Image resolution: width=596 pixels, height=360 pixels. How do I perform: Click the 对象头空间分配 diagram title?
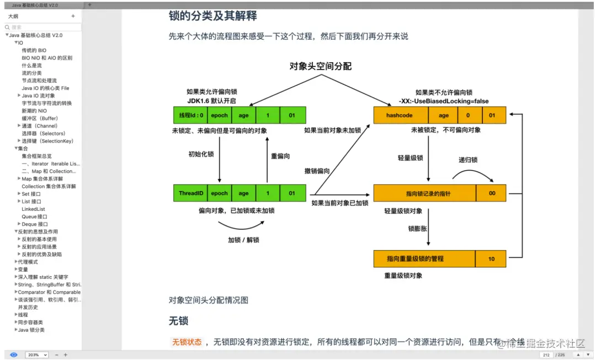click(321, 66)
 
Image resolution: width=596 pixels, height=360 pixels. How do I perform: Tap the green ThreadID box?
click(190, 193)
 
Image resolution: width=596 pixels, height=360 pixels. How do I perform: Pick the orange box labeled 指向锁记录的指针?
click(424, 193)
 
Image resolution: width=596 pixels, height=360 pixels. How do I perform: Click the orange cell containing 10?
click(491, 258)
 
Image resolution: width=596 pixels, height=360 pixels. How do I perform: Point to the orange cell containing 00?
click(491, 193)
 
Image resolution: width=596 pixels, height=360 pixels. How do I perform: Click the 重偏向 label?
click(281, 156)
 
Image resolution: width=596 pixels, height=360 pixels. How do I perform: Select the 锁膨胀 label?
click(417, 228)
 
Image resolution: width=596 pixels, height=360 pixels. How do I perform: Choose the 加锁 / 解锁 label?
click(243, 240)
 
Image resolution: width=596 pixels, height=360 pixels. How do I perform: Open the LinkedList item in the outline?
click(34, 209)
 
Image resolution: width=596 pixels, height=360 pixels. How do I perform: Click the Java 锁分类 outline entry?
click(31, 330)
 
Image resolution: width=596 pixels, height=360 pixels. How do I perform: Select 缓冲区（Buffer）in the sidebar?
click(40, 118)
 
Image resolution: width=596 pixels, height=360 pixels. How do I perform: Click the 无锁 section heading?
click(179, 320)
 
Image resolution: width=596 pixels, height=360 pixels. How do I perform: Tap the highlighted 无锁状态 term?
click(187, 342)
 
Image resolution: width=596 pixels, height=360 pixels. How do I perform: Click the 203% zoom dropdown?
click(37, 354)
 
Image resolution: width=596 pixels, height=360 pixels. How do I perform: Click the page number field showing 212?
click(546, 354)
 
